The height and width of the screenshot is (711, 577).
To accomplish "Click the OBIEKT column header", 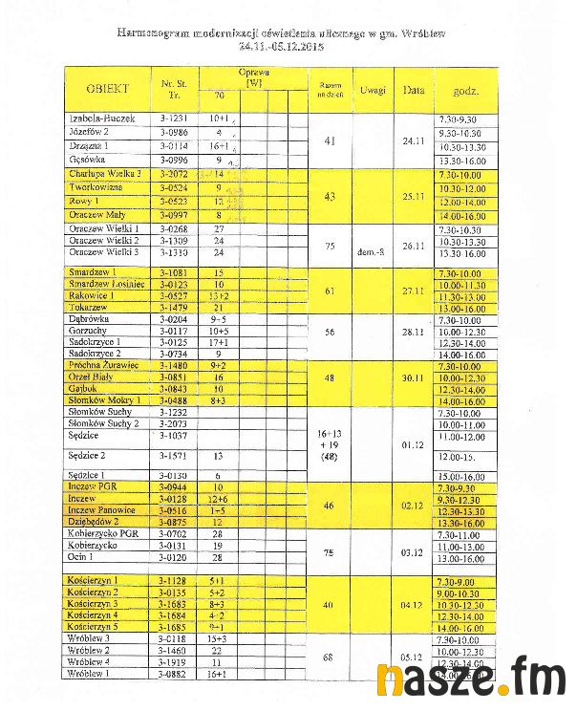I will coord(107,90).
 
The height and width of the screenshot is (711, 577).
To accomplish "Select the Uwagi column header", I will coord(374,91).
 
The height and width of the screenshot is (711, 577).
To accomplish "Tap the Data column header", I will coord(414,91).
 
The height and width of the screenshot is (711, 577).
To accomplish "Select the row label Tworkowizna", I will coord(94,188).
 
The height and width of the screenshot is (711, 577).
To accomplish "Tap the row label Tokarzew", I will coord(88,308).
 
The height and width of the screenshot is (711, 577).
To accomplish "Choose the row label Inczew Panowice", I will coord(102,509).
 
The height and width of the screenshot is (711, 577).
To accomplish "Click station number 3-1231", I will coord(173,118).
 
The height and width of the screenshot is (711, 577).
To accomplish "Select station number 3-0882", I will coord(173,674).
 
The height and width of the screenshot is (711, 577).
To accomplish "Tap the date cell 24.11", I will coord(414,140).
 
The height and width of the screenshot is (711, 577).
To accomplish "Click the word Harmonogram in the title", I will coord(153,32).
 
